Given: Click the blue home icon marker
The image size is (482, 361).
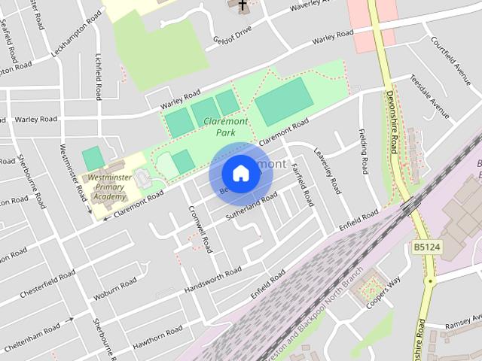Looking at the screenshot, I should (240, 174).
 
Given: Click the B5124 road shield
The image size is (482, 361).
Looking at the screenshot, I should (427, 246).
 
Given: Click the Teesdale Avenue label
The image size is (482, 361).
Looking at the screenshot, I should (429, 97).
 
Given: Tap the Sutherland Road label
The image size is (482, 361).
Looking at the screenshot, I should (252, 208).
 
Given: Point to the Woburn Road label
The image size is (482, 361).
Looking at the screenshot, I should (115, 290).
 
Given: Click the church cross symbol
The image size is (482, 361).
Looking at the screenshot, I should (242, 6).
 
